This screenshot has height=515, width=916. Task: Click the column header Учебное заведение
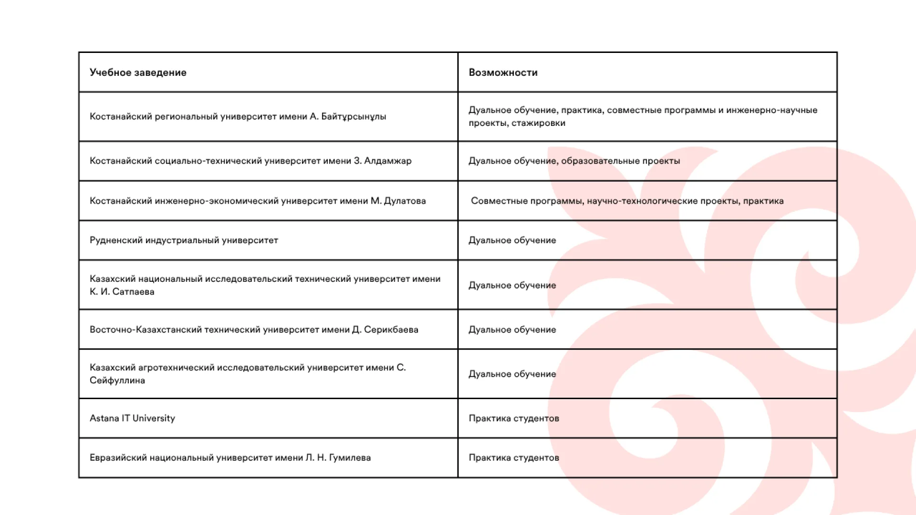(138, 72)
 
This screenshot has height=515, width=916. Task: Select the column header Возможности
(503, 72)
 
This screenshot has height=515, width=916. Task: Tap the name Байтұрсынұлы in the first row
(354, 117)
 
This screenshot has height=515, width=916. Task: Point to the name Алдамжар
(387, 161)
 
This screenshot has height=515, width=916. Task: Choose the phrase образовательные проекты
(620, 161)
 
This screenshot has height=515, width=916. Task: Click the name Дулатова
(405, 201)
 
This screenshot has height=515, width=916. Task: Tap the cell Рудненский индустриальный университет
(184, 240)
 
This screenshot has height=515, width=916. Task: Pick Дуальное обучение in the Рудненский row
(512, 240)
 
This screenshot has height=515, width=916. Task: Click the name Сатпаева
(133, 292)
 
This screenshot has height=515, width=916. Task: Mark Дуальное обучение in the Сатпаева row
(512, 285)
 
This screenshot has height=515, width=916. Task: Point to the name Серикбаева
(391, 330)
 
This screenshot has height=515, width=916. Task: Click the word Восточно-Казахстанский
(146, 330)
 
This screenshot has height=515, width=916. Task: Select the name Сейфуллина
(117, 381)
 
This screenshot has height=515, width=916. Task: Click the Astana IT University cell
(132, 418)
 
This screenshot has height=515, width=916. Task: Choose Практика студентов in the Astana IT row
(514, 418)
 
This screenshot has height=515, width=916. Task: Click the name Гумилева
(350, 458)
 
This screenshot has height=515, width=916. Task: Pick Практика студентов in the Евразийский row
(514, 458)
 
